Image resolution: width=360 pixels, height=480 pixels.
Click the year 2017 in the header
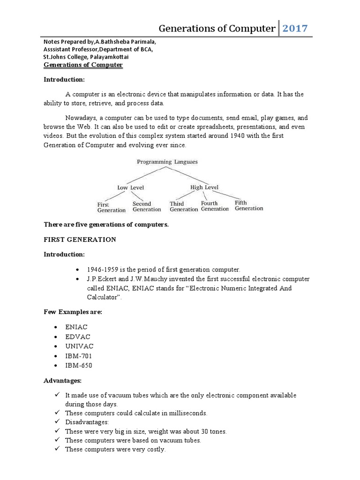[295, 29]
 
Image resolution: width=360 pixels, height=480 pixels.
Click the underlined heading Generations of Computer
[83, 65]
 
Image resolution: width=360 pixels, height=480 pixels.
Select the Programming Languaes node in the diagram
[167, 162]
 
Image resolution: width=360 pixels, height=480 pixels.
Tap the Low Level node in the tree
[130, 187]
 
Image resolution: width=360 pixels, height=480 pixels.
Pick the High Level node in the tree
[204, 187]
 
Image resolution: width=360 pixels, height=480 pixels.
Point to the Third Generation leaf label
[183, 207]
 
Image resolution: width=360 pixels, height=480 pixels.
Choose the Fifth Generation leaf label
[249, 205]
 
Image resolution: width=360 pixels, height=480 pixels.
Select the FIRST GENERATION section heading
[80, 240]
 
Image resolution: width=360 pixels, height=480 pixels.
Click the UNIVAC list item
[80, 346]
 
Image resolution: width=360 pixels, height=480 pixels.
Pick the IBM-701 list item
[79, 355]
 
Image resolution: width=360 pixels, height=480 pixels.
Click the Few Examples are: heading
[73, 312]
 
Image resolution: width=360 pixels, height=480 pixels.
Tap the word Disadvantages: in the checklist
[86, 422]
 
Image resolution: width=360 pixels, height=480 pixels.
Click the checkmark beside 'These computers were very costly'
[57, 449]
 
